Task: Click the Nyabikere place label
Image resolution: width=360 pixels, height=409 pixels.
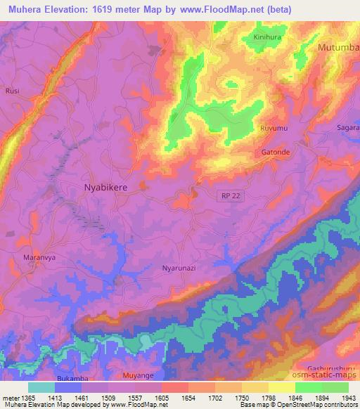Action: point(106,188)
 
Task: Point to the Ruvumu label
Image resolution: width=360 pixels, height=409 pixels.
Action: point(274,129)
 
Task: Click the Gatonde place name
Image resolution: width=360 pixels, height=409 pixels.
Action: point(275,151)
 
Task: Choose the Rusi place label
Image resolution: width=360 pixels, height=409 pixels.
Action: point(11,91)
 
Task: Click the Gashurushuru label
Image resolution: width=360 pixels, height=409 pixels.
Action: point(333,368)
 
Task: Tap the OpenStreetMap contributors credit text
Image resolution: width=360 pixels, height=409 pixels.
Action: point(324,404)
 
